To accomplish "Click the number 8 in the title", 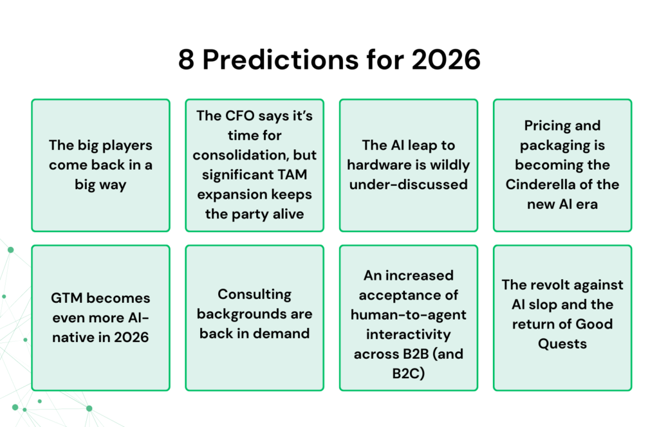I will pos(187,60).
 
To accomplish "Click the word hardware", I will pos(378,165).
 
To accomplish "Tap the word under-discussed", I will pos(408,185).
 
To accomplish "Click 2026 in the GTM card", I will pos(129,337).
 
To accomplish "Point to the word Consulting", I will pos(254,295).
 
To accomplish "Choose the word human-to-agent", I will pos(408,314).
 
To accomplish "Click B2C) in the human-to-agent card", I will pos(408,372).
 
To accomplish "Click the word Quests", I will pos(562,343).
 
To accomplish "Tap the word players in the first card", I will pos(120,145).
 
